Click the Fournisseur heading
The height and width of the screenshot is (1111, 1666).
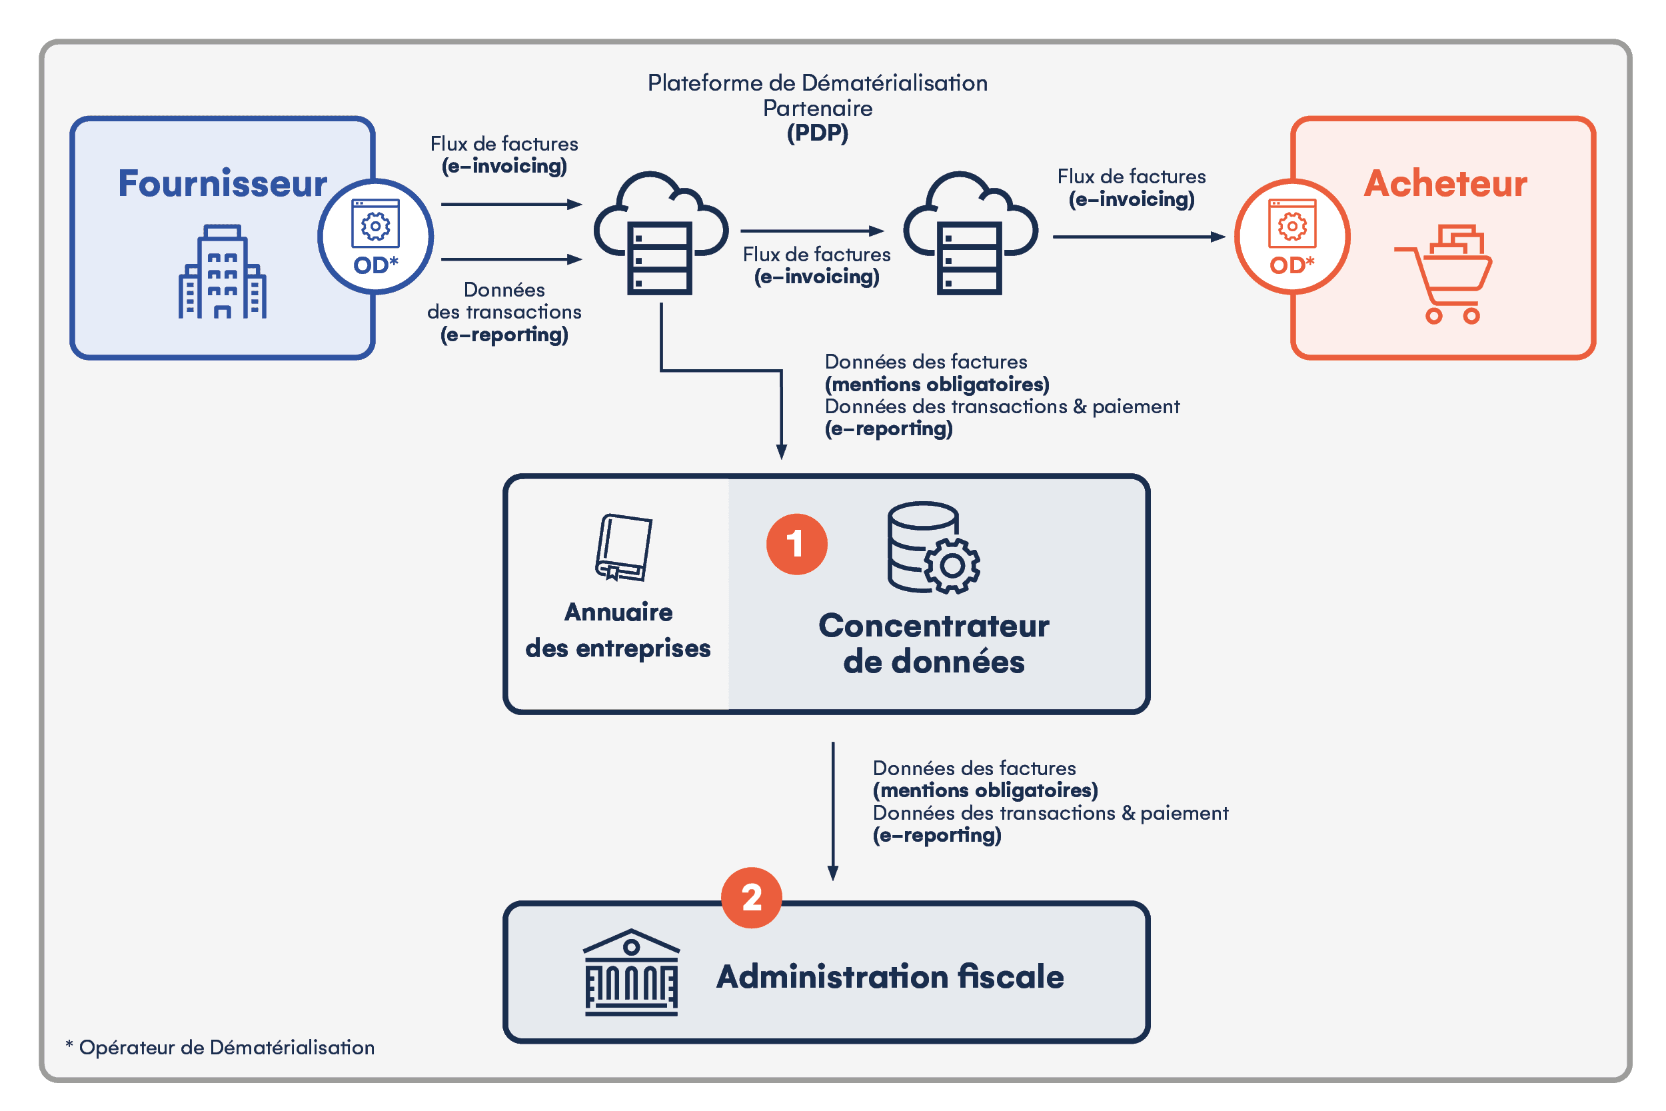point(222,183)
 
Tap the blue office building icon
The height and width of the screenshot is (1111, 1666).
point(222,272)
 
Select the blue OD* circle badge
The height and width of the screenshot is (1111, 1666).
point(375,237)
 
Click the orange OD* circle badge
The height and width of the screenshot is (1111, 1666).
point(1292,237)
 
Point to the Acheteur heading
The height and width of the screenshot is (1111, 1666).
point(1445,183)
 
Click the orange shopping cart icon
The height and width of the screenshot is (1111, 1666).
point(1445,274)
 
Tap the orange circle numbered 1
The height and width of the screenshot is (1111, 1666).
point(797,544)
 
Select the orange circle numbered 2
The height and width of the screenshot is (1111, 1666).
point(752,898)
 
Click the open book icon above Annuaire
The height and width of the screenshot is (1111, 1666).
point(622,548)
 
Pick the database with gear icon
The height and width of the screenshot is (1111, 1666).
point(933,548)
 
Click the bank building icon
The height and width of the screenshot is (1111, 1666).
point(630,972)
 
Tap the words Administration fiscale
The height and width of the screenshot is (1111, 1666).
point(890,976)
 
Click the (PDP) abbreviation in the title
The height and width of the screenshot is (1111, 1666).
point(818,133)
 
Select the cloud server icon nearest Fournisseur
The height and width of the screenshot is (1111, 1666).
point(660,234)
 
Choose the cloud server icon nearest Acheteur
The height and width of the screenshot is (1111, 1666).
point(970,234)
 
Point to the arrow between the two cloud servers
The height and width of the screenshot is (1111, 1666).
point(812,231)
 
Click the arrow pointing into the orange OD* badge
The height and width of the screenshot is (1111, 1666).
point(1138,237)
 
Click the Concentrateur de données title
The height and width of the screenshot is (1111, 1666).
point(934,643)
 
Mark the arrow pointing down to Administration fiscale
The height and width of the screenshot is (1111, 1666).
point(833,810)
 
